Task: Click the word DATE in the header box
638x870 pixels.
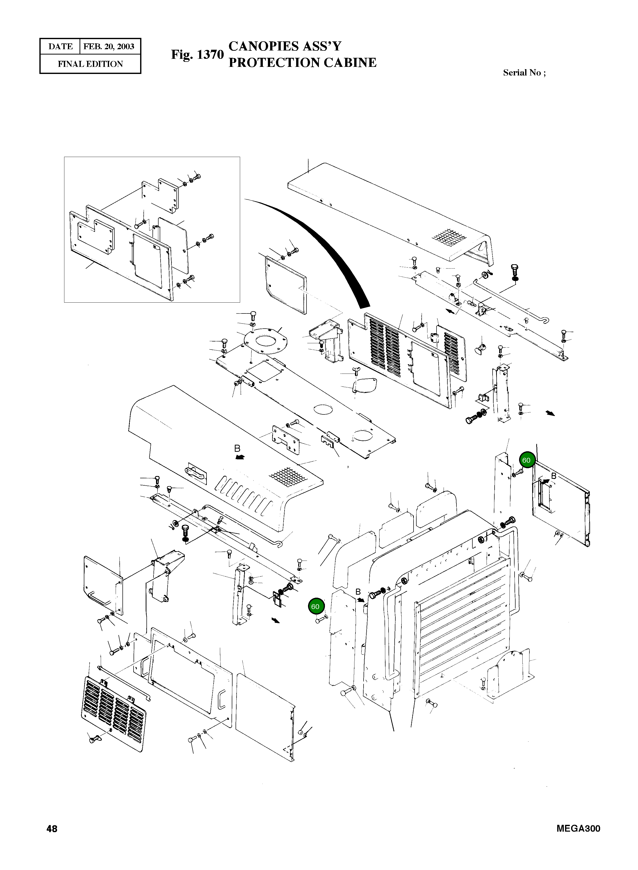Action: (60, 47)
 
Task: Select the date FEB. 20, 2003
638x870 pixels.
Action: (109, 47)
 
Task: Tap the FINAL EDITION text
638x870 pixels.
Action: (90, 64)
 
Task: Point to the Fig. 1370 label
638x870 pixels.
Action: (197, 55)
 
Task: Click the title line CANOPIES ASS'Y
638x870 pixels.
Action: (285, 46)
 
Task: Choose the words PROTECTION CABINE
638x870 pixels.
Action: (302, 63)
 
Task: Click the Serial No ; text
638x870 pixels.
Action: (524, 73)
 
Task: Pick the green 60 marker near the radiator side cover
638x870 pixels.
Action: (315, 607)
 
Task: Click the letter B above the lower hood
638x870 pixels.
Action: (237, 449)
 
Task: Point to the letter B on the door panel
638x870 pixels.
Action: (553, 476)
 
